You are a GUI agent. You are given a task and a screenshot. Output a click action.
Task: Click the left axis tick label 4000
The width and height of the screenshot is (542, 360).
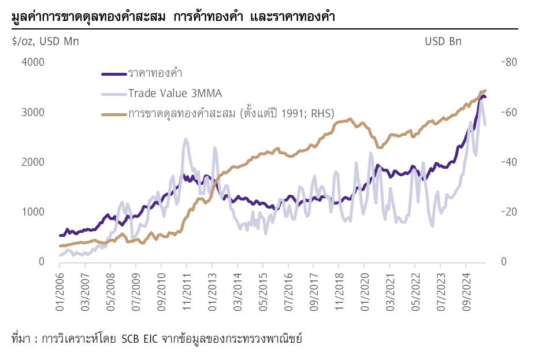click(x=34, y=62)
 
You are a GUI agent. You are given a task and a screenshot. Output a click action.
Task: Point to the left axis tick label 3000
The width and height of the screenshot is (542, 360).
click(x=34, y=112)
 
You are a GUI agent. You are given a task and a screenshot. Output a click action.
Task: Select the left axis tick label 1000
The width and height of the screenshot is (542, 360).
click(x=34, y=212)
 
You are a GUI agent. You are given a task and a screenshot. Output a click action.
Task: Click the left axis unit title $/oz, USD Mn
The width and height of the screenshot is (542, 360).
click(x=45, y=41)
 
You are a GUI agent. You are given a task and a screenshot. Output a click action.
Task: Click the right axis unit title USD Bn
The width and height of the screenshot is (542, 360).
click(x=443, y=41)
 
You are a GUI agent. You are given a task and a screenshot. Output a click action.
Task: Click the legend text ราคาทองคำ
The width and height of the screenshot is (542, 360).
click(x=151, y=74)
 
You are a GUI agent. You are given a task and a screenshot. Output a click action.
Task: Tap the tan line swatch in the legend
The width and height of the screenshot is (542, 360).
click(x=113, y=114)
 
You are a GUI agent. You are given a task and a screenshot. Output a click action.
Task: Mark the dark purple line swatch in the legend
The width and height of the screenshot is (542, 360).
click(x=113, y=74)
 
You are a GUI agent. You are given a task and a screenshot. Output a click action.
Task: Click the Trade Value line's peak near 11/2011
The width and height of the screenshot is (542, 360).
click(x=185, y=139)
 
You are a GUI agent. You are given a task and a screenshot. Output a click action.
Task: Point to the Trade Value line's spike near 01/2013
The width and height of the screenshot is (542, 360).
click(x=214, y=147)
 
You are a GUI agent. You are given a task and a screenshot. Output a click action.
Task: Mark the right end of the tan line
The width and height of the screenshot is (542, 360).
click(x=485, y=90)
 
